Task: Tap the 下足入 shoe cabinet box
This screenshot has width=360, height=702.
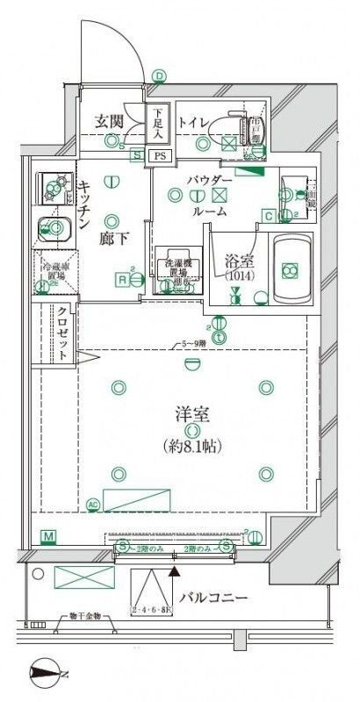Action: (158, 124)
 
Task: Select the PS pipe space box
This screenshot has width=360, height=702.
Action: (158, 155)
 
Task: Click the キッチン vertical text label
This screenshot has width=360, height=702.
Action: (85, 204)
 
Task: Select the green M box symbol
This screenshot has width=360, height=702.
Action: (47, 535)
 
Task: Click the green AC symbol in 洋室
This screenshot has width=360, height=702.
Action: (93, 504)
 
